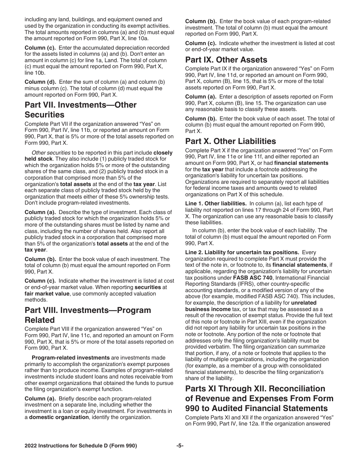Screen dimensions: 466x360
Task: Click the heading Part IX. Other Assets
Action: click(226, 60)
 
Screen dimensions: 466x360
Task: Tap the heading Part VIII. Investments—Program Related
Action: click(88, 315)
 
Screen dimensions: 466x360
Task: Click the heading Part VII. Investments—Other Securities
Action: click(80, 109)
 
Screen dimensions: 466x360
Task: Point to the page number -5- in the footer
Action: click(180, 446)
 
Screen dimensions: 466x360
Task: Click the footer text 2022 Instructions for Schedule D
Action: click(81, 446)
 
